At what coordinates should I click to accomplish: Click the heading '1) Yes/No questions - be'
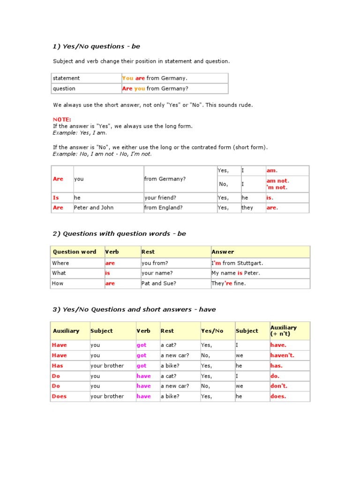point(96,46)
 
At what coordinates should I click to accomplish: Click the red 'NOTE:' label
point(62,120)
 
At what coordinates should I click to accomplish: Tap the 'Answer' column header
point(223,252)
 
